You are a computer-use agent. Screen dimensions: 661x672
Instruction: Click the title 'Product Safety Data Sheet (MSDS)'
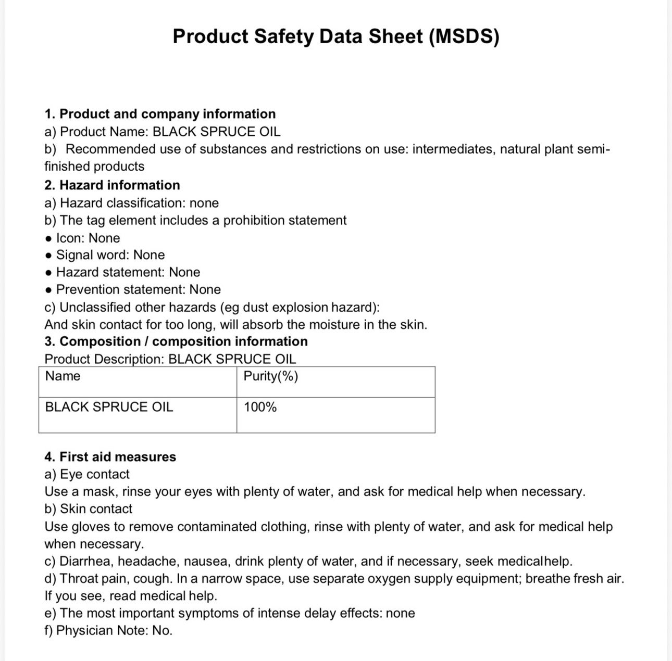335,36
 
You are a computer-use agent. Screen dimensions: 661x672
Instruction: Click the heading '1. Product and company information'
160,114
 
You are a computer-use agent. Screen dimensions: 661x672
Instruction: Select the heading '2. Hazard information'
112,185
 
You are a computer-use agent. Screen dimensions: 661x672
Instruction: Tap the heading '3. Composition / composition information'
176,341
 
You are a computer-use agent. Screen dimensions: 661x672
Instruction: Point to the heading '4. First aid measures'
110,457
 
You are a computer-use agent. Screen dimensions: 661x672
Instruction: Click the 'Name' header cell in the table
63,376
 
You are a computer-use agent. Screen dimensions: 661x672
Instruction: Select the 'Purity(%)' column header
271,376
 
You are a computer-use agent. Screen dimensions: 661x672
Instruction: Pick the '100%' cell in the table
260,407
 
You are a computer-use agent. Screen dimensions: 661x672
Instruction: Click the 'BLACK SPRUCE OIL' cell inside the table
109,407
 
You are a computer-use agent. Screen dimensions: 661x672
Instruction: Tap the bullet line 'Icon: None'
88,238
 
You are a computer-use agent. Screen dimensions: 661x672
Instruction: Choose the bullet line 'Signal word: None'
110,255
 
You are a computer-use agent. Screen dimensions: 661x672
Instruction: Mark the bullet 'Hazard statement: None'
128,272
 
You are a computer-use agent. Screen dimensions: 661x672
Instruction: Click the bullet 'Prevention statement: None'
138,289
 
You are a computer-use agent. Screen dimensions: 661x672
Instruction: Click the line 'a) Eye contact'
87,474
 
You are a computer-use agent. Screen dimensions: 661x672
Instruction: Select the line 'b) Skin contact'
89,509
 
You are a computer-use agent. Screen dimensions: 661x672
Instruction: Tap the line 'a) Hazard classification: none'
131,203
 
